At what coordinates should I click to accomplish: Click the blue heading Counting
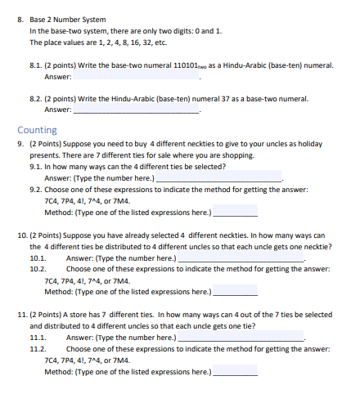click(x=37, y=129)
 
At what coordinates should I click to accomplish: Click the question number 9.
click(x=20, y=143)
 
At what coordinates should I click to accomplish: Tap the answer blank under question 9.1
click(x=218, y=177)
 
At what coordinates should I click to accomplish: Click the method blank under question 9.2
click(x=235, y=211)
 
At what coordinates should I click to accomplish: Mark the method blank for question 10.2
click(x=235, y=291)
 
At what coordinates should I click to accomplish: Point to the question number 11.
click(x=21, y=315)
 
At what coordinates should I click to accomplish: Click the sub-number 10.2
click(x=38, y=268)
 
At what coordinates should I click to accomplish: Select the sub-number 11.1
click(x=38, y=338)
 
